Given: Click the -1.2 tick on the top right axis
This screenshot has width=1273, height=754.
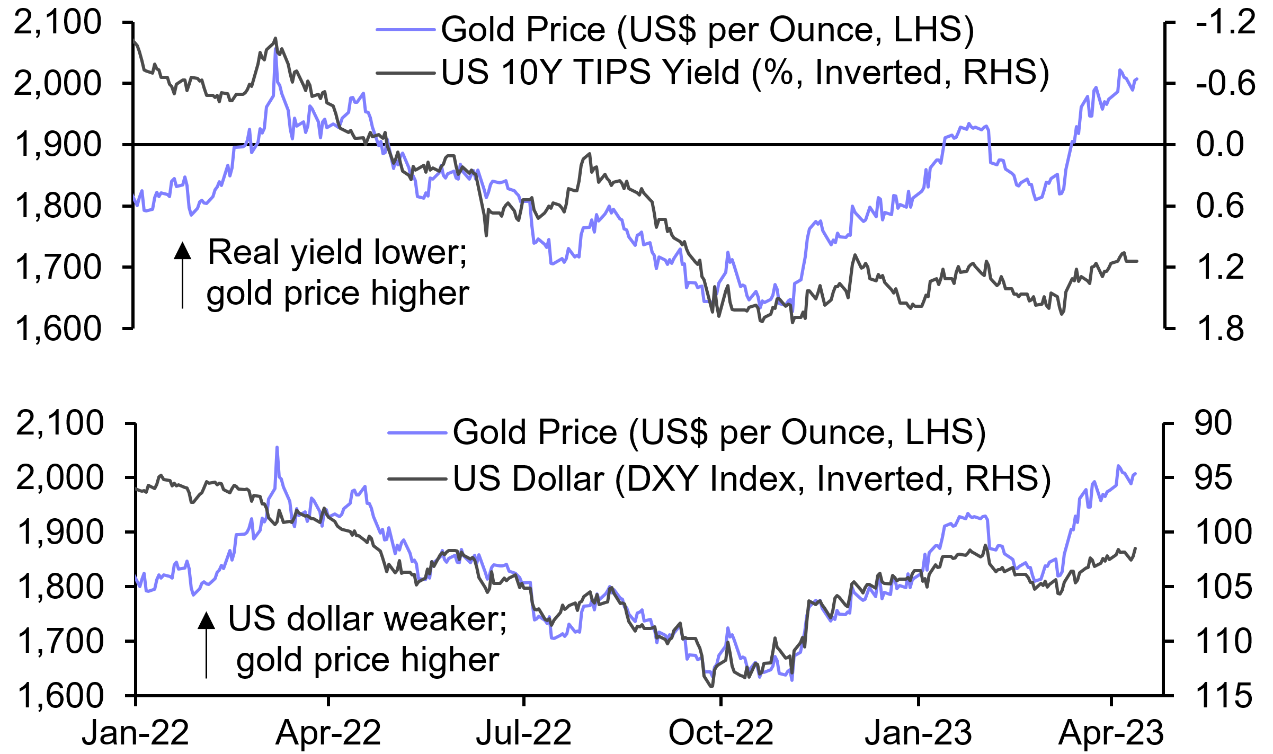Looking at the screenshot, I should (1225, 22).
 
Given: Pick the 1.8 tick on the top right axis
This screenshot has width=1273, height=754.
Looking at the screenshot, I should (1219, 329).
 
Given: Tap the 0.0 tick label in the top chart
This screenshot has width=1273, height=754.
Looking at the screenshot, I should (1219, 144).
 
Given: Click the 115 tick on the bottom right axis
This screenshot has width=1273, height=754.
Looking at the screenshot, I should (1224, 695).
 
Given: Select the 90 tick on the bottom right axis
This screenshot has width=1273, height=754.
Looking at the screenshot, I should (1213, 423).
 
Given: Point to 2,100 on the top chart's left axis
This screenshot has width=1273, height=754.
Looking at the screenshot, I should (57, 22).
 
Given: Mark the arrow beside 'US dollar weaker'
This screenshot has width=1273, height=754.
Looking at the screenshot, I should (206, 643).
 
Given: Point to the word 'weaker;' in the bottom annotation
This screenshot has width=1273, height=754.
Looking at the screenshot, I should (444, 619).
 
